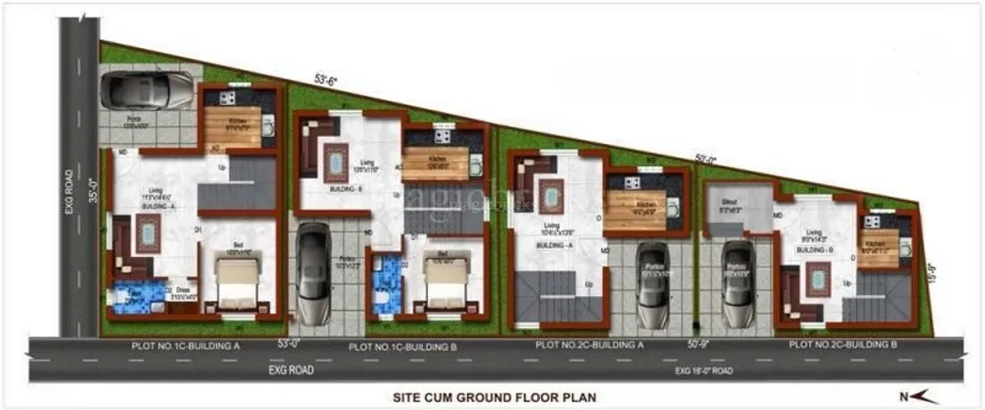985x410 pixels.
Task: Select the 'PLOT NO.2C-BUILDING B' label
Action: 844,345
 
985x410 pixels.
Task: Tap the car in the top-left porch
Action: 148,89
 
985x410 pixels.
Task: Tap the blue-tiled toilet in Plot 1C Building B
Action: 387,284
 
